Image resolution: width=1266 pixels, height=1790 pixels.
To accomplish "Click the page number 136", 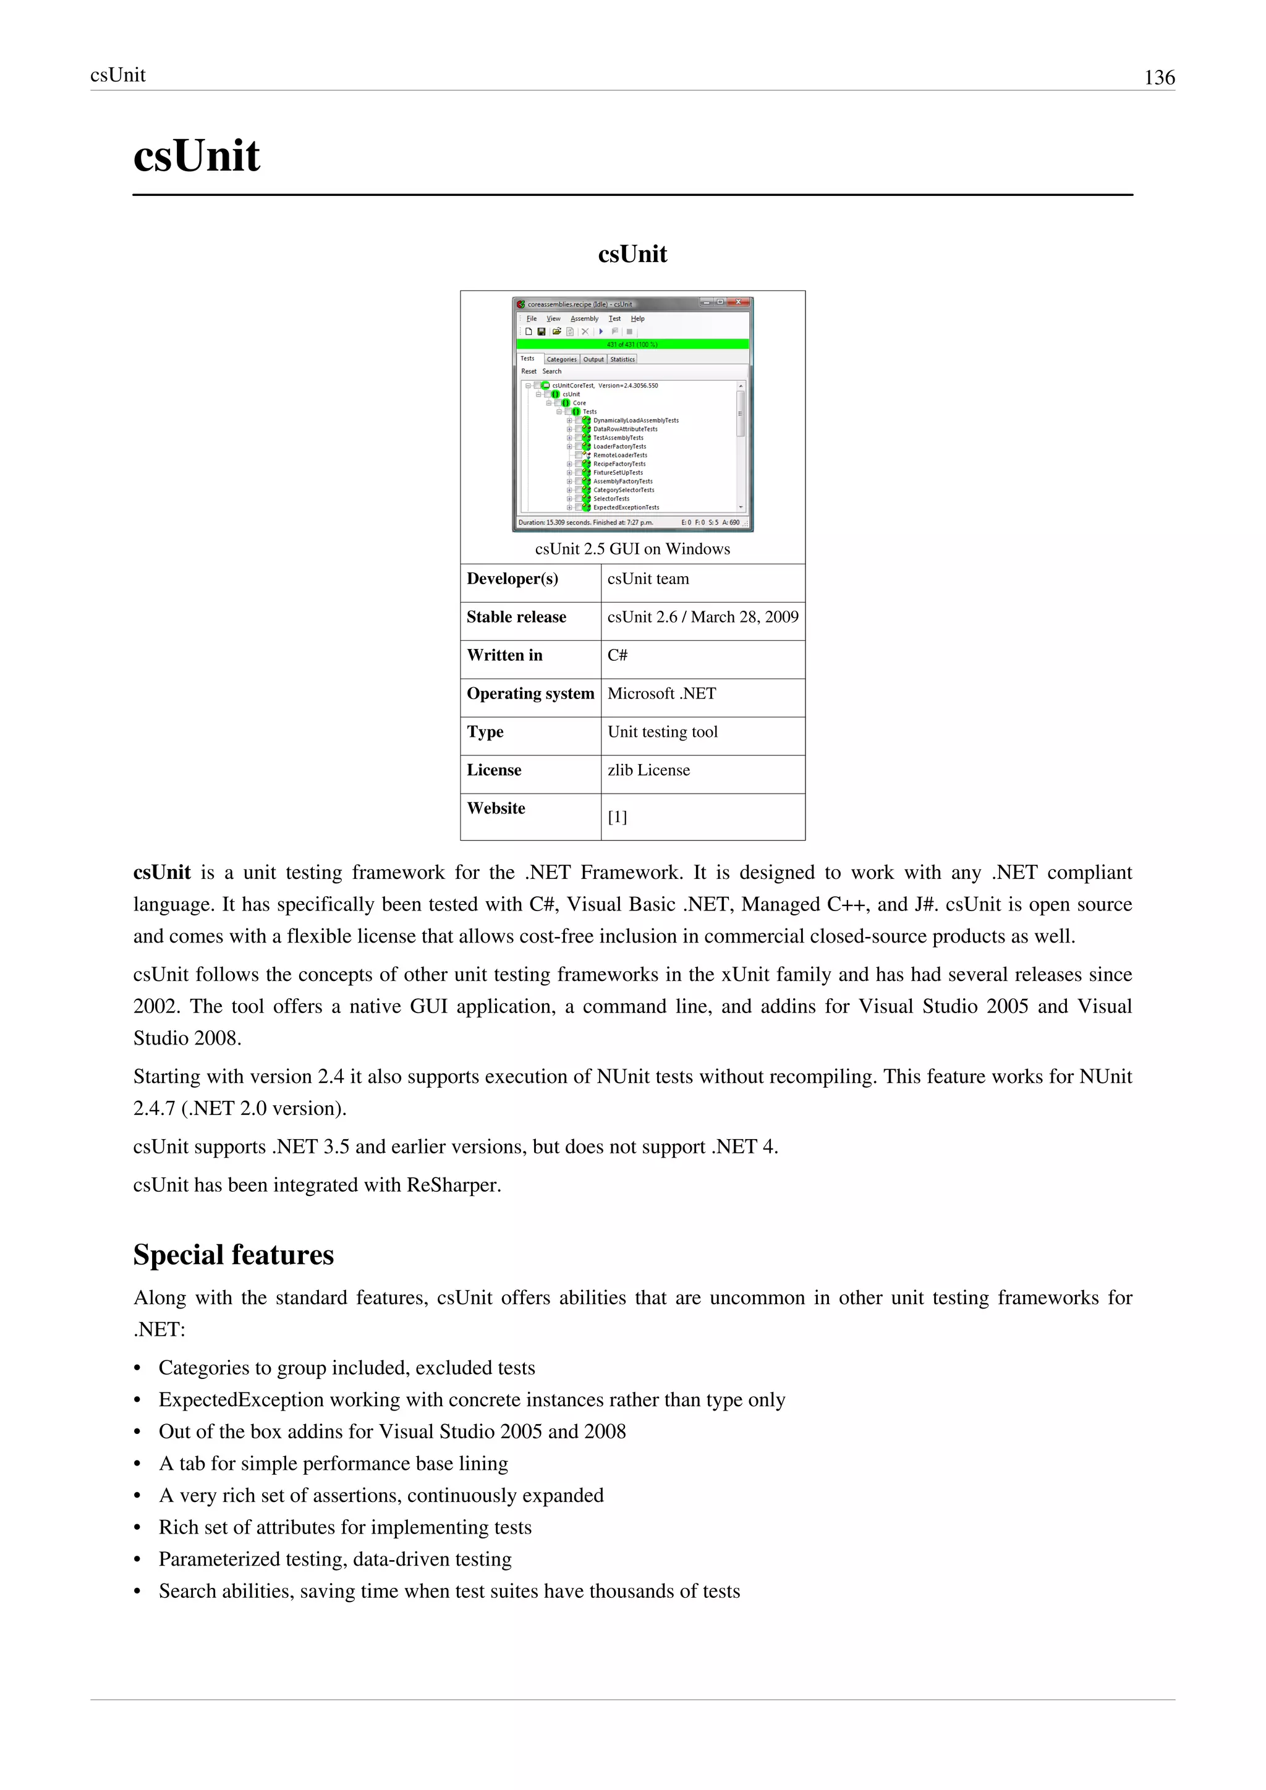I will point(1158,77).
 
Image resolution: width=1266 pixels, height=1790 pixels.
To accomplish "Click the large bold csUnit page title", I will point(197,155).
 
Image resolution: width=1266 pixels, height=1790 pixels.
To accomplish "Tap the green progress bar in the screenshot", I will point(632,344).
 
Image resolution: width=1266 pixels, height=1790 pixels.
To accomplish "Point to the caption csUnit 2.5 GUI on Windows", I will point(632,549).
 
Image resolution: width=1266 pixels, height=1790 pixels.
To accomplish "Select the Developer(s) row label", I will point(512,579).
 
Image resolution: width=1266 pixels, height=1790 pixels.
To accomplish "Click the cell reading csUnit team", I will point(648,579).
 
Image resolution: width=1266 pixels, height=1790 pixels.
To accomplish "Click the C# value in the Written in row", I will point(618,655).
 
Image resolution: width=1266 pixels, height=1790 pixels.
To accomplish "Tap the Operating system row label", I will point(530,693).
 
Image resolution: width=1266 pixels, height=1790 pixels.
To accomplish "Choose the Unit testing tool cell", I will point(662,731).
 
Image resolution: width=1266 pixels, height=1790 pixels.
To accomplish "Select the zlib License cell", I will point(648,770).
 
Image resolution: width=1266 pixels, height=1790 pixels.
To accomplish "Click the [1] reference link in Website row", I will point(617,817).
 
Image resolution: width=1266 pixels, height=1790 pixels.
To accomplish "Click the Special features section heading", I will point(233,1254).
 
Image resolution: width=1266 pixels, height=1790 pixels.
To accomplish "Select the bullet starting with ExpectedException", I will point(472,1399).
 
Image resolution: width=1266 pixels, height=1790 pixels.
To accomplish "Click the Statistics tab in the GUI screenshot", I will point(622,359).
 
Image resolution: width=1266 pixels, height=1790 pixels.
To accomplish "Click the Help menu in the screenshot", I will point(638,318).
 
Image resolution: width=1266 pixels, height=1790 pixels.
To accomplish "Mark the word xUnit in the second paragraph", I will point(747,975).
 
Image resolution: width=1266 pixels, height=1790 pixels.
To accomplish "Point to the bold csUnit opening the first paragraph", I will point(162,872).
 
